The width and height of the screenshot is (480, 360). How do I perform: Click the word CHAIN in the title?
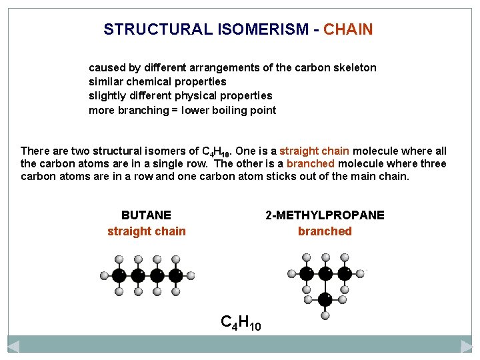click(x=348, y=29)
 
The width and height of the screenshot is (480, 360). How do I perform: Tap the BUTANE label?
click(x=146, y=215)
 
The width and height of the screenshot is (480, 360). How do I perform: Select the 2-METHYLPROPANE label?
click(x=325, y=215)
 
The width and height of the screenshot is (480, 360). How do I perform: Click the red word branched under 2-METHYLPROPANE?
click(x=325, y=231)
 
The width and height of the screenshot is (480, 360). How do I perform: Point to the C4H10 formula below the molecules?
click(x=241, y=323)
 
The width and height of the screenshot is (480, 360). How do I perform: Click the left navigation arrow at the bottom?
click(x=13, y=346)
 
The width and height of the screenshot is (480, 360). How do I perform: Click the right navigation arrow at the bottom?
click(x=467, y=346)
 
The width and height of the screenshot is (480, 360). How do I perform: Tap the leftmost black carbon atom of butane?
click(x=119, y=275)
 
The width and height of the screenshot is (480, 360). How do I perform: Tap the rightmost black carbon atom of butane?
click(x=176, y=275)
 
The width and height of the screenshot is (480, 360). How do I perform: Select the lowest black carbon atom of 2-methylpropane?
click(x=325, y=299)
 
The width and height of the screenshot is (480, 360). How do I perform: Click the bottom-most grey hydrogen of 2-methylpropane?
click(x=325, y=315)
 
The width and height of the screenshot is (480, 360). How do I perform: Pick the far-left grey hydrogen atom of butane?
click(x=104, y=275)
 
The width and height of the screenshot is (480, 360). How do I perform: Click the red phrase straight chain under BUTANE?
click(x=147, y=231)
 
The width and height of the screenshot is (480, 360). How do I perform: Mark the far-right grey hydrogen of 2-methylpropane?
click(x=361, y=273)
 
